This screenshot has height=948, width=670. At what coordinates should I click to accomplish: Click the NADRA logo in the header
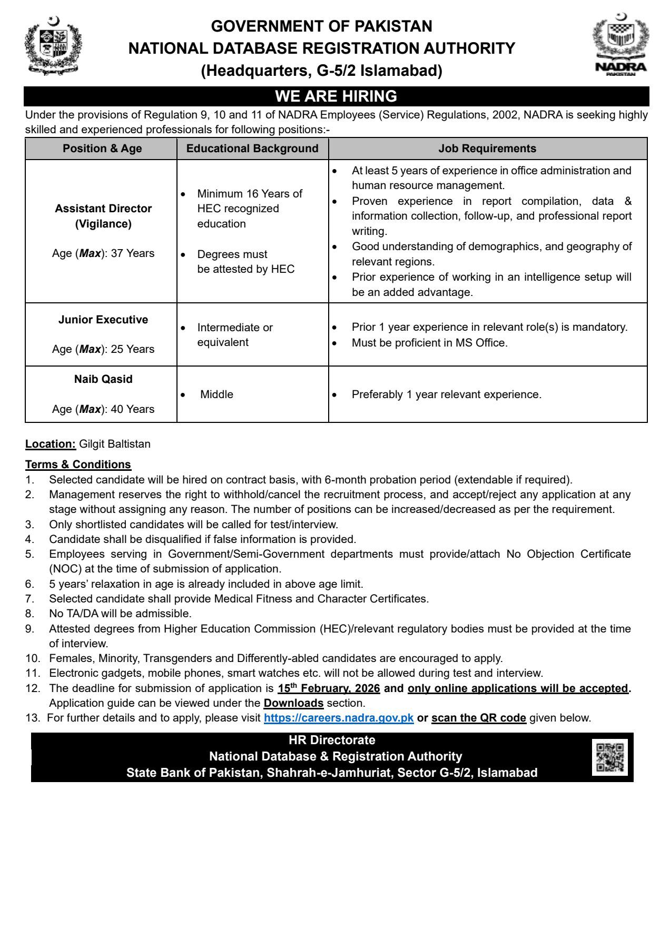[620, 46]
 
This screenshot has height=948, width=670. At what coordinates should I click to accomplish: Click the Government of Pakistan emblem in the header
[53, 46]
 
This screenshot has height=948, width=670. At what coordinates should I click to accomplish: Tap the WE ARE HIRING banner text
[336, 96]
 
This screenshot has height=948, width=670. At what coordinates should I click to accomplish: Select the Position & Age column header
[102, 149]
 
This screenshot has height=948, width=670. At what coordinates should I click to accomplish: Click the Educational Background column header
[252, 149]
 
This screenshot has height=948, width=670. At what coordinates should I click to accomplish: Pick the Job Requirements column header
[487, 149]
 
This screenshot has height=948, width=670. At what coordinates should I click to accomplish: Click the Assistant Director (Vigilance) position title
[103, 216]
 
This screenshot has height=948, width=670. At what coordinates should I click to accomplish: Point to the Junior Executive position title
[103, 320]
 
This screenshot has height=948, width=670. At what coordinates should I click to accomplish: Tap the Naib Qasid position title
[103, 379]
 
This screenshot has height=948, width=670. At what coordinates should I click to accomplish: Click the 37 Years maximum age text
[132, 253]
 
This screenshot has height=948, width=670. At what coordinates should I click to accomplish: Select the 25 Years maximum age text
[132, 349]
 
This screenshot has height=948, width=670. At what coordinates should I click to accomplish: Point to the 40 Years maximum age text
[132, 409]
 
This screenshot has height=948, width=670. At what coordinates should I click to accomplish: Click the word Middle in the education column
[216, 394]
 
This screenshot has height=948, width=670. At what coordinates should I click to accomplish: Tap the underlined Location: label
[51, 444]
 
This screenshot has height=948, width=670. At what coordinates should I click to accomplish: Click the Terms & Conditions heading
[78, 465]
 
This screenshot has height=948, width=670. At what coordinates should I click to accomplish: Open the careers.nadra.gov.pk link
[339, 718]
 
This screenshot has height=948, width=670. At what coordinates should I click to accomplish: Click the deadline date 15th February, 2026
[329, 688]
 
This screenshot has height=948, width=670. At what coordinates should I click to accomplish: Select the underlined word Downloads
[293, 703]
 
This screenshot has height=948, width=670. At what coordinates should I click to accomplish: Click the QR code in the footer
[610, 757]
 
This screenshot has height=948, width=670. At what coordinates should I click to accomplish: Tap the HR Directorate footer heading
[332, 740]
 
